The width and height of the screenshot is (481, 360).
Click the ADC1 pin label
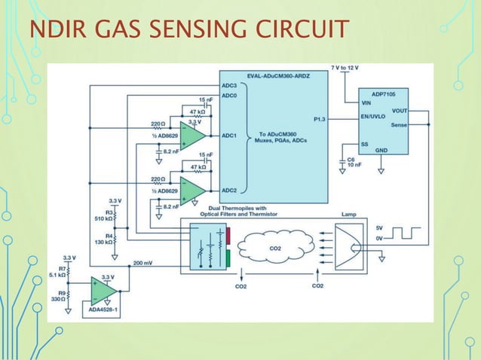tap(229, 136)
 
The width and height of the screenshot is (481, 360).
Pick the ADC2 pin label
tap(229, 190)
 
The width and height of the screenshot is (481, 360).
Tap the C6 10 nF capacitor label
tap(351, 163)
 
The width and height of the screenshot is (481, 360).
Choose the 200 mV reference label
tap(144, 264)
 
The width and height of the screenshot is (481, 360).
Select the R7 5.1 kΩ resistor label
tap(58, 272)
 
